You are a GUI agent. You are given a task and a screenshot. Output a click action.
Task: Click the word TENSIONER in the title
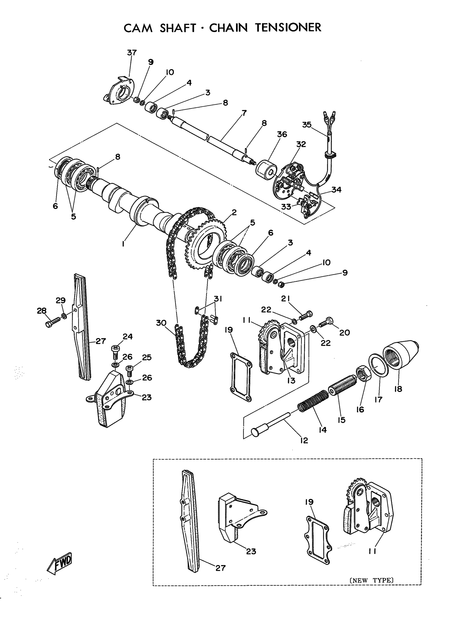(x=288, y=28)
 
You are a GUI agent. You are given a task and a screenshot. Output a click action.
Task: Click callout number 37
(x=132, y=53)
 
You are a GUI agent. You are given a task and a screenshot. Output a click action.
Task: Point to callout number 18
(x=398, y=389)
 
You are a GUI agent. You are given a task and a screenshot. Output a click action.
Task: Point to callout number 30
(x=161, y=323)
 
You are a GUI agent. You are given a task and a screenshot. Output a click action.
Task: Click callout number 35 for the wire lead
(x=307, y=125)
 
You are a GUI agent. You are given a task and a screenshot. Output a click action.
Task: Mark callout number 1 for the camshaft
(x=123, y=244)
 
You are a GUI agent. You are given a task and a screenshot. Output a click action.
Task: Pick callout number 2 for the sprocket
(x=234, y=212)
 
